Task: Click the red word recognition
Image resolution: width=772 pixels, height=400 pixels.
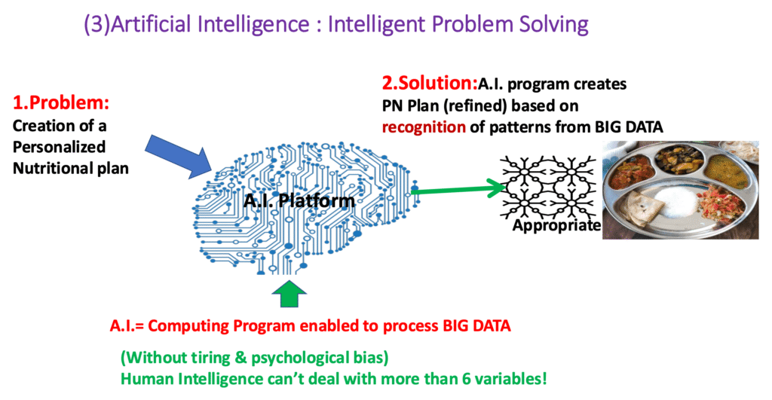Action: point(424,127)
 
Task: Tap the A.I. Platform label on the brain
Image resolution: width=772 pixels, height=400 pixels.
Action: point(299,200)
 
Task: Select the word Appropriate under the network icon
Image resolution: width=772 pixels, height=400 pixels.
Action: point(556,226)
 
